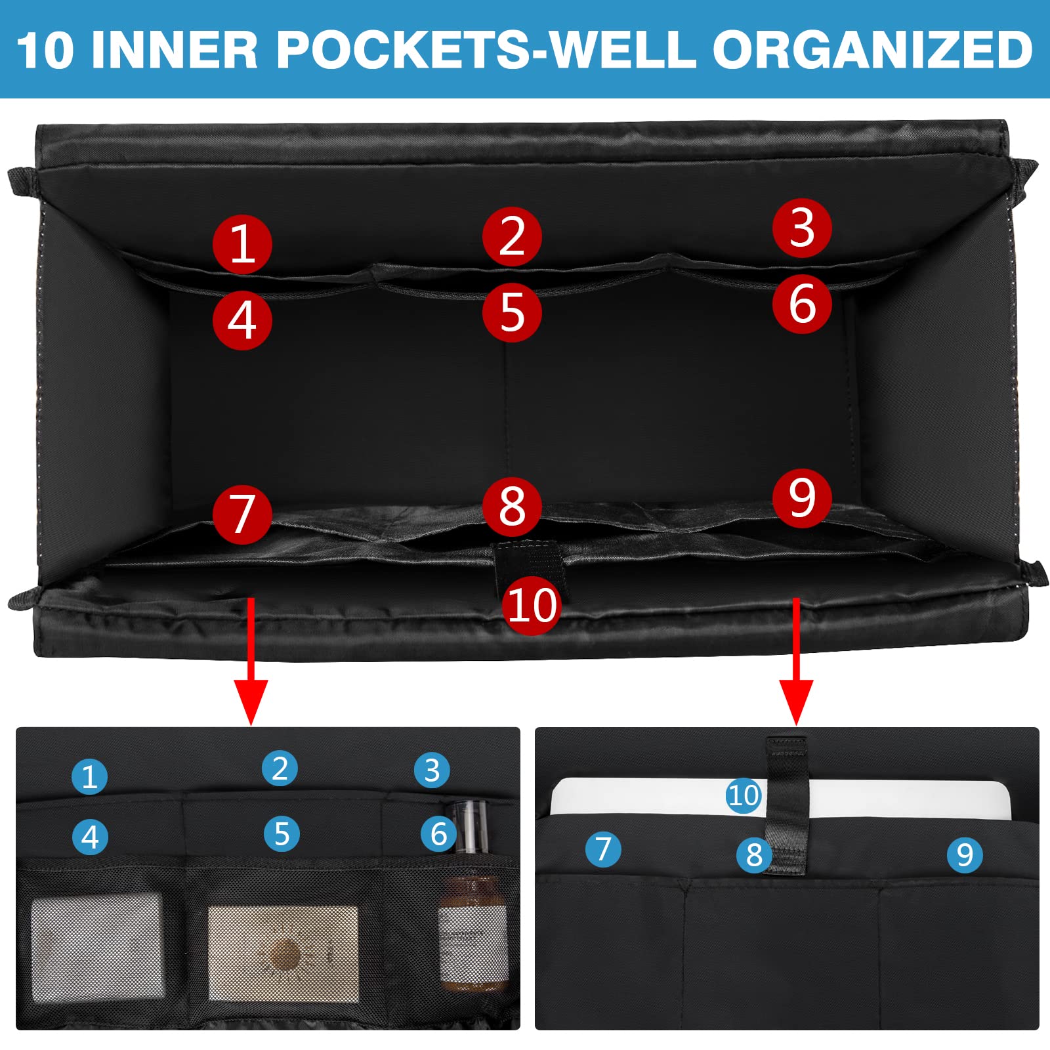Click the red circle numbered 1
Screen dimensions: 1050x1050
tap(242, 244)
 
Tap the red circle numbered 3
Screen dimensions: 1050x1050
tap(802, 228)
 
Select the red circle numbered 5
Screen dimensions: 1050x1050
tap(512, 312)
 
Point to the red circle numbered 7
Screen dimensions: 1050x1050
tap(242, 514)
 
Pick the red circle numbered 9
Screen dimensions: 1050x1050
tap(802, 497)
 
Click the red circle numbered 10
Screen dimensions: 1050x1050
tap(532, 604)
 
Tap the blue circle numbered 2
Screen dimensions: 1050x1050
tap(280, 768)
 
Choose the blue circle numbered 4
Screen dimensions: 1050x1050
tap(90, 837)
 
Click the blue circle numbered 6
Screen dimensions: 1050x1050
tap(438, 834)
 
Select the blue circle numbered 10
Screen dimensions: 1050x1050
tap(744, 795)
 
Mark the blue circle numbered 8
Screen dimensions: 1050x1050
tap(754, 854)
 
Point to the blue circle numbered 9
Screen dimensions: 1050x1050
tap(965, 854)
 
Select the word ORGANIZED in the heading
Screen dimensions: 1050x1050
tap(873, 50)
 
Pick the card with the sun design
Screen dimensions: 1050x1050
tap(283, 953)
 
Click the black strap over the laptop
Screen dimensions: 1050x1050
tap(786, 805)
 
